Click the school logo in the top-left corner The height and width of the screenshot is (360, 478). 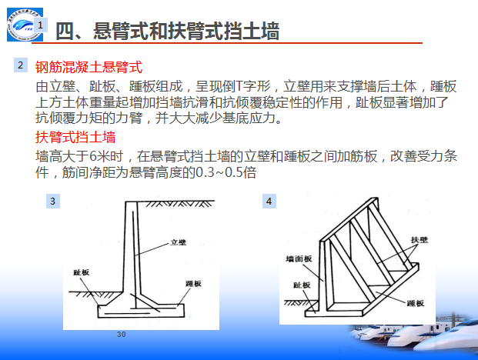(25, 25)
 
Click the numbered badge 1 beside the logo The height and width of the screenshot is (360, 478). (41, 25)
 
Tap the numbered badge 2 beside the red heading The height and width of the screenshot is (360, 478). (21, 65)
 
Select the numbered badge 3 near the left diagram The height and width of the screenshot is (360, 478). (53, 201)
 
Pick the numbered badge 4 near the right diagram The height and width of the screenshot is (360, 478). (269, 201)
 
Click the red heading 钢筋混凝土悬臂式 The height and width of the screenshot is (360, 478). (89, 67)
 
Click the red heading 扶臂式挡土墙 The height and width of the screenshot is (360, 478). (75, 137)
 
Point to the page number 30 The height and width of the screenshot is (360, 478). (121, 335)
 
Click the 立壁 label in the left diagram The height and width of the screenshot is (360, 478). (179, 242)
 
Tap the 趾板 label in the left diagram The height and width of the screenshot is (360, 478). (81, 272)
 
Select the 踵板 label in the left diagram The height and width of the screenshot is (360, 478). (193, 284)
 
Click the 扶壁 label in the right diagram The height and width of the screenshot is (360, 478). (420, 240)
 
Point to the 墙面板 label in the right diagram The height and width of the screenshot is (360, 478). (299, 259)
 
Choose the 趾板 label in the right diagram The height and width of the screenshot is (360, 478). (302, 285)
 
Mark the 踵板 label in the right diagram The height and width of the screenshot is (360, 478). (416, 303)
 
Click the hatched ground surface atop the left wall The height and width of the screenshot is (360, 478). (180, 203)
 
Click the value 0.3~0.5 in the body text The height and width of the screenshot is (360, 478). (219, 172)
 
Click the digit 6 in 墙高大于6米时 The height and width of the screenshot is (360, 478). (93, 157)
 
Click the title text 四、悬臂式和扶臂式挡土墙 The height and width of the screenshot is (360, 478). (167, 31)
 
